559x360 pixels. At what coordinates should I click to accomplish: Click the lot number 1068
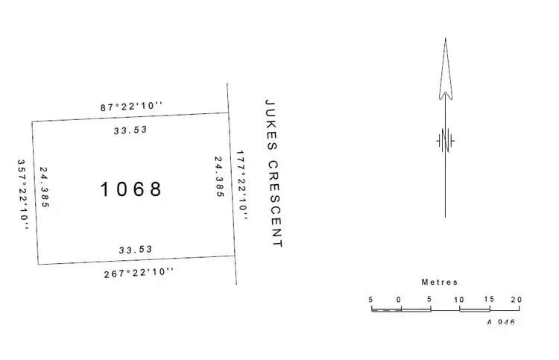tap(131, 189)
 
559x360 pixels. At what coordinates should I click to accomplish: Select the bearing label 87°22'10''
tap(131, 107)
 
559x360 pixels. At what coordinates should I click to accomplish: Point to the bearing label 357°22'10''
tap(23, 194)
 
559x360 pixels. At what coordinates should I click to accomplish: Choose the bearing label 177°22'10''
tap(241, 183)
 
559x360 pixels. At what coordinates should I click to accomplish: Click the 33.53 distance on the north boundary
tap(130, 130)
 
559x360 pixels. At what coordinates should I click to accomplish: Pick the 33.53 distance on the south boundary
tap(136, 249)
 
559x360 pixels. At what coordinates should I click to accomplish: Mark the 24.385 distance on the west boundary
tap(45, 187)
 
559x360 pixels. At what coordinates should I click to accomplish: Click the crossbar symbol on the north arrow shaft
tap(446, 140)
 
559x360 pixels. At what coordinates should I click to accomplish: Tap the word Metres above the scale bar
tap(440, 282)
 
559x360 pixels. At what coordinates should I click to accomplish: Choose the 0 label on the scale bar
tap(399, 299)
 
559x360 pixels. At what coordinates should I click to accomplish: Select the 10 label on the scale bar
tap(460, 299)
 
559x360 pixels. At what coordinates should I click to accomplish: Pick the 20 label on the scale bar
tap(515, 299)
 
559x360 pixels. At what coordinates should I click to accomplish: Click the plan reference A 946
tap(501, 322)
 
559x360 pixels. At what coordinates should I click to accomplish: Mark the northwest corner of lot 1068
tap(32, 122)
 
